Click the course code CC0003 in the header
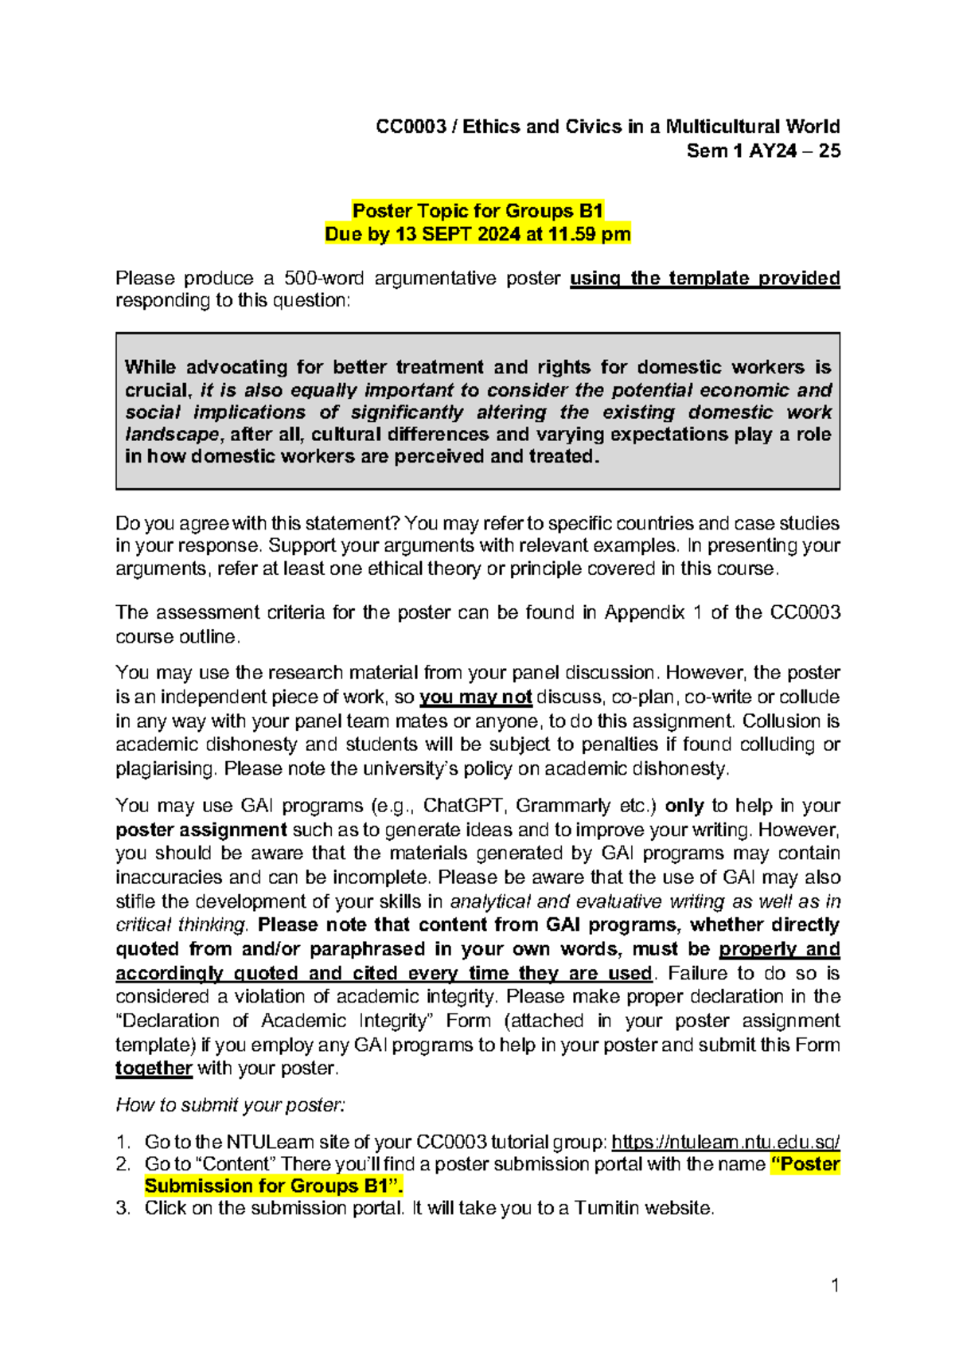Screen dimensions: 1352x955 click(x=411, y=127)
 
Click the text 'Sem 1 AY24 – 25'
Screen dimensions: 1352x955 click(x=763, y=150)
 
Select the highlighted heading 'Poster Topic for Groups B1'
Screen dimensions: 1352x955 click(x=477, y=211)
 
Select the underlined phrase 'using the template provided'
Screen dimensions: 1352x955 click(x=704, y=278)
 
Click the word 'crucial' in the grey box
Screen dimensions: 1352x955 click(x=158, y=390)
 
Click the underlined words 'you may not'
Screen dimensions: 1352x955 click(x=475, y=697)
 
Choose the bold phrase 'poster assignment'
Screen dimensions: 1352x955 click(x=201, y=830)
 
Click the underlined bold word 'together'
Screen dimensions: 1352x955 click(x=154, y=1068)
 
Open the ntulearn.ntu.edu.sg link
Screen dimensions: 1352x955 click(x=725, y=1142)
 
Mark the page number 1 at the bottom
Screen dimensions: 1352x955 click(x=835, y=1284)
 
